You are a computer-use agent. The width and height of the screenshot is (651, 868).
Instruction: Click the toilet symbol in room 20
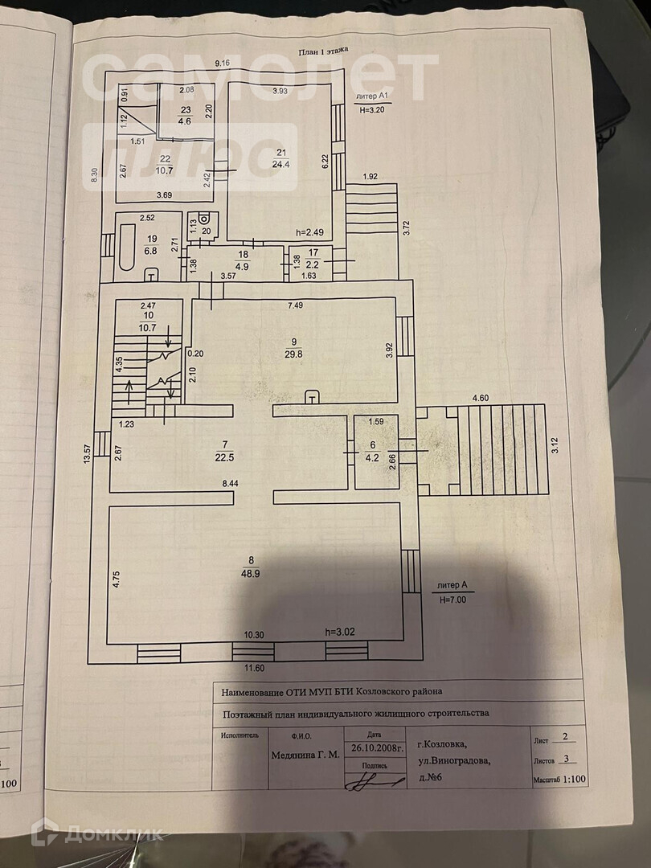(x=205, y=219)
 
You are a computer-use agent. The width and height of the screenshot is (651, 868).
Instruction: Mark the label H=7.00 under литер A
(x=452, y=599)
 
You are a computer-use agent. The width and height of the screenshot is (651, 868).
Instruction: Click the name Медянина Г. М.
(x=305, y=755)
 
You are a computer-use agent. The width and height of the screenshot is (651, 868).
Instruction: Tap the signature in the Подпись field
(x=375, y=781)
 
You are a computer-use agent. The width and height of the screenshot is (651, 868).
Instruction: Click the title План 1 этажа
(x=323, y=50)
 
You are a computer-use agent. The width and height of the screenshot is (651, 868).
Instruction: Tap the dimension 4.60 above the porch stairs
(x=481, y=398)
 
